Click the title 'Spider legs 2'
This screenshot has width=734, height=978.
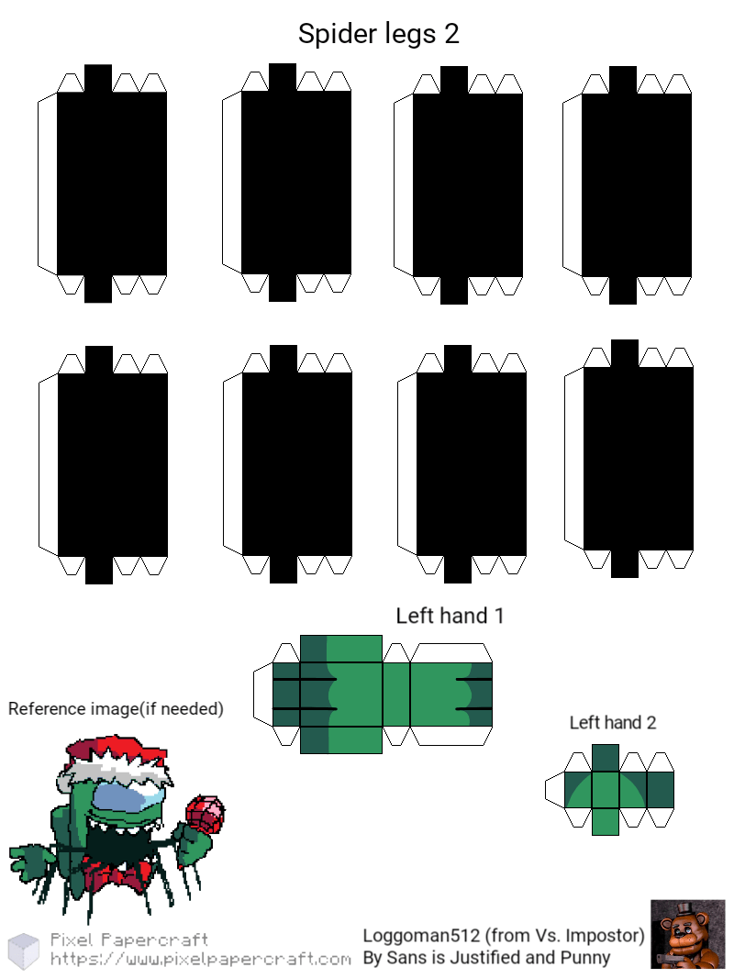[x=379, y=34]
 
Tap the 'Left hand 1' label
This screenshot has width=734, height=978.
[x=450, y=616]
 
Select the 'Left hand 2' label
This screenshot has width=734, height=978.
[x=612, y=722]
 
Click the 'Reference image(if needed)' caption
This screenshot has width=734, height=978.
[x=116, y=709]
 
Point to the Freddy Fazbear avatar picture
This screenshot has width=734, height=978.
[x=688, y=934]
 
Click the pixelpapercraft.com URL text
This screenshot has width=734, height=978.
[x=201, y=959]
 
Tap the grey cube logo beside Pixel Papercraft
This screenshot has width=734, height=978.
[x=24, y=950]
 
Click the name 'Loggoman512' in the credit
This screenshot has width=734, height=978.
[x=421, y=936]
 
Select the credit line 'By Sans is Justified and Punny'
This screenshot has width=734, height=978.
[x=487, y=958]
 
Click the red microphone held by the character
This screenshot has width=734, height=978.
[x=206, y=813]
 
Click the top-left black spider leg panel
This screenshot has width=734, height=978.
[x=112, y=183]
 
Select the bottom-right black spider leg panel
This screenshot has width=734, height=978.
[x=638, y=459]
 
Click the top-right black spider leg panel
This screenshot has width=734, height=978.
[x=636, y=184]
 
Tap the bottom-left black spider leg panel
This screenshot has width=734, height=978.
[x=112, y=464]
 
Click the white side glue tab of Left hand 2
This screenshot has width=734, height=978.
[x=554, y=790]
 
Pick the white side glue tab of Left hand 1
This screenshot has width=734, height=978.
[x=263, y=695]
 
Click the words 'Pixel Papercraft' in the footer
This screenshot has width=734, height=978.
[x=129, y=939]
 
